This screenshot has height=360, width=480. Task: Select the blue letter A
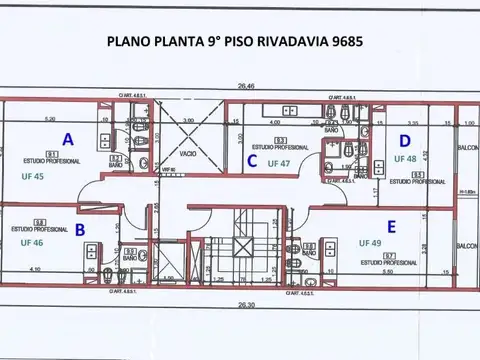click(x=67, y=138)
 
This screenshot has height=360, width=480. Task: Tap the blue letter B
click(x=79, y=229)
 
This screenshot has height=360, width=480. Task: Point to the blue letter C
click(x=253, y=160)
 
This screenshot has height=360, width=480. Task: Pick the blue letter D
click(x=405, y=140)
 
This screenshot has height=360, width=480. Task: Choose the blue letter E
click(x=391, y=226)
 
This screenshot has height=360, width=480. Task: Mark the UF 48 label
click(x=405, y=158)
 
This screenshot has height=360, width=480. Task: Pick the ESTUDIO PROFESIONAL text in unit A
click(x=37, y=160)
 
